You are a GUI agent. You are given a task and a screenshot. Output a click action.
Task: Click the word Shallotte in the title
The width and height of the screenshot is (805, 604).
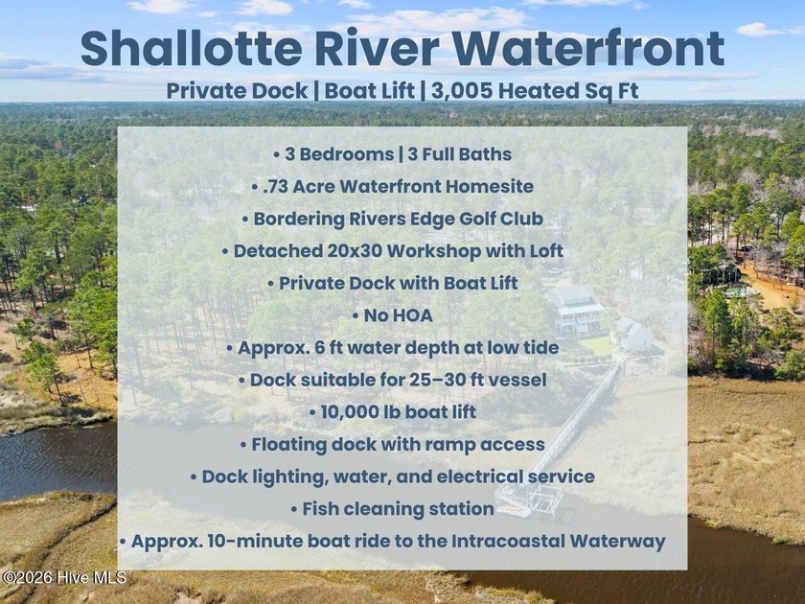pyautogui.click(x=191, y=48)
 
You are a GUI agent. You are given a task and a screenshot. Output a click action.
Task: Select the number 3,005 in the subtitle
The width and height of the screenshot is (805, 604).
pyautogui.click(x=462, y=91)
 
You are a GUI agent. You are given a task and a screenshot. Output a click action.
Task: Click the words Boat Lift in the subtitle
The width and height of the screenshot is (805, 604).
pyautogui.click(x=370, y=91)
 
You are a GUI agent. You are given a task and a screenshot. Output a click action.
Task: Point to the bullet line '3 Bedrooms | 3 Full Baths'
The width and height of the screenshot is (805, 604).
pyautogui.click(x=393, y=154)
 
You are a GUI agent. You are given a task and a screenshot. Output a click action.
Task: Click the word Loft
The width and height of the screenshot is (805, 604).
pyautogui.click(x=544, y=251)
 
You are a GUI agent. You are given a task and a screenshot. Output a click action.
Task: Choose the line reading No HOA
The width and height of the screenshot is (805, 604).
pyautogui.click(x=393, y=315)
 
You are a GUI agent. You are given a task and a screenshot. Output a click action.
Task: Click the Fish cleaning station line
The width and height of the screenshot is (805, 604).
pyautogui.click(x=393, y=509)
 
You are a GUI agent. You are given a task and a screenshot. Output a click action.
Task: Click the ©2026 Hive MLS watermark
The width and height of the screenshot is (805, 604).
pyautogui.click(x=63, y=577)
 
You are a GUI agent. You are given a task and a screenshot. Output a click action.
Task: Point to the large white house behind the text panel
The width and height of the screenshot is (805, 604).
pyautogui.click(x=575, y=312)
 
